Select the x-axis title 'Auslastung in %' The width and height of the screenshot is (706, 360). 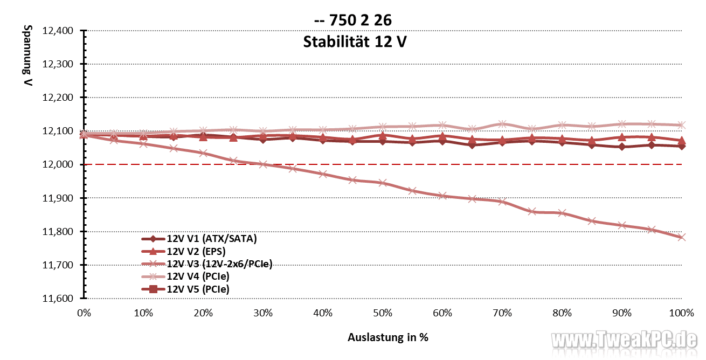pyautogui.click(x=388, y=338)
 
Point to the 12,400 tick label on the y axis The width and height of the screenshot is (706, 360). pyautogui.click(x=60, y=31)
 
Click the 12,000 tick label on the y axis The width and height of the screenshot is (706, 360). pyautogui.click(x=60, y=164)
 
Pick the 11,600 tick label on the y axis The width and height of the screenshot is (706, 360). pyautogui.click(x=60, y=299)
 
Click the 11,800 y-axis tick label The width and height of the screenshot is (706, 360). pyautogui.click(x=60, y=232)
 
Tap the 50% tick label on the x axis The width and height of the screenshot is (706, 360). pyautogui.click(x=383, y=313)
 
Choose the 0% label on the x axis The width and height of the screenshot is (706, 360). pyautogui.click(x=84, y=313)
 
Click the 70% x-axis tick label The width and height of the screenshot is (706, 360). pyautogui.click(x=502, y=313)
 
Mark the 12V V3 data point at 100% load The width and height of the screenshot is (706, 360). pyautogui.click(x=682, y=237)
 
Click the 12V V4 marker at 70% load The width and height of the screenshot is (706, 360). pyautogui.click(x=502, y=124)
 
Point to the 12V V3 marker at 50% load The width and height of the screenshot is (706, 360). pyautogui.click(x=383, y=183)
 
